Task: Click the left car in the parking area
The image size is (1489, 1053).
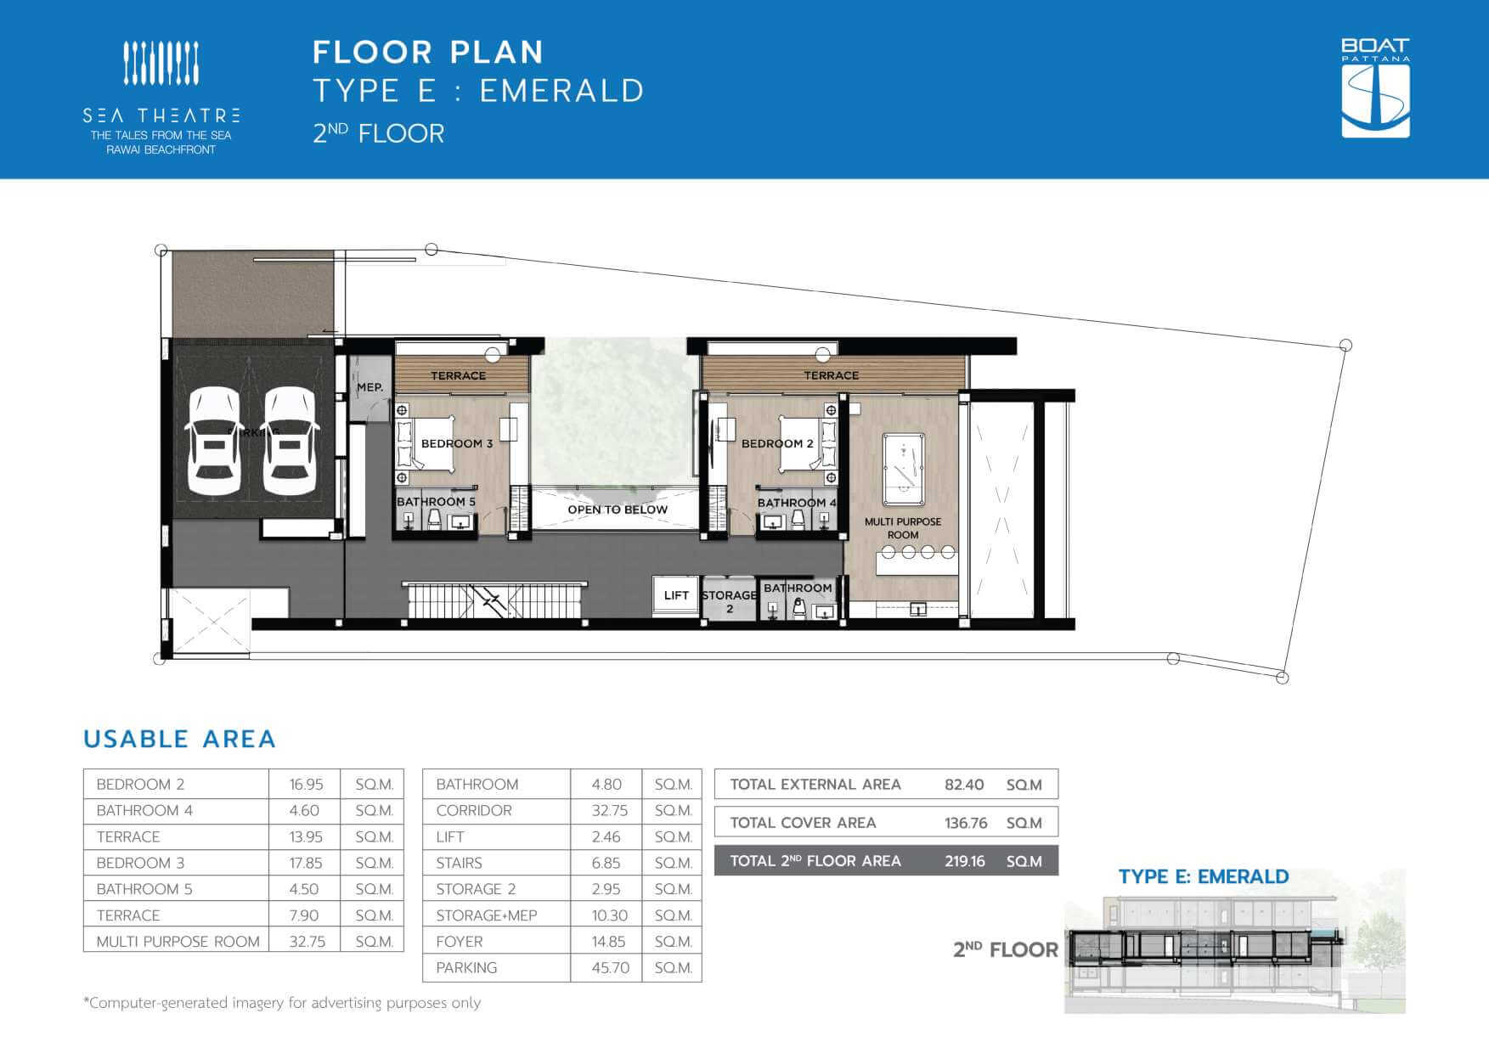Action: click(214, 442)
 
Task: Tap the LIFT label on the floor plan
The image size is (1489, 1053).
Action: click(676, 595)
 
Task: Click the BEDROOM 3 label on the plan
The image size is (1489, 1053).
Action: click(457, 443)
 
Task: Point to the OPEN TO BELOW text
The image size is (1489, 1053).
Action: click(618, 510)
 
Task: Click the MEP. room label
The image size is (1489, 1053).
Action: click(369, 387)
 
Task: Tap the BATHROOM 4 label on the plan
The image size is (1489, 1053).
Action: click(797, 503)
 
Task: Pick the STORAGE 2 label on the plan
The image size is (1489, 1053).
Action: click(730, 601)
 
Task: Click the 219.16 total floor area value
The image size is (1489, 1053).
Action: click(965, 861)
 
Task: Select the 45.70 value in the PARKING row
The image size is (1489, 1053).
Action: click(611, 967)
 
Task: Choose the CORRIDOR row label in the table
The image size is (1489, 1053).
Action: click(474, 810)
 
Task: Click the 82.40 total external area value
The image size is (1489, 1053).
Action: click(964, 785)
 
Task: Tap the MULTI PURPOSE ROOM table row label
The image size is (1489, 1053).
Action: click(178, 941)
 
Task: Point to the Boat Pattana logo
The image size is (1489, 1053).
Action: click(1375, 87)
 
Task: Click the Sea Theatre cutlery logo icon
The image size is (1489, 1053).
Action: click(161, 63)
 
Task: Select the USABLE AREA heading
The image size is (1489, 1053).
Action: click(180, 739)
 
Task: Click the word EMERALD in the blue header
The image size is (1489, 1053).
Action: click(562, 91)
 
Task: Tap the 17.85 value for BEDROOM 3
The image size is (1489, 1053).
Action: click(306, 863)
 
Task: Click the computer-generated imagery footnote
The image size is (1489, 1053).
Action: click(282, 1003)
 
